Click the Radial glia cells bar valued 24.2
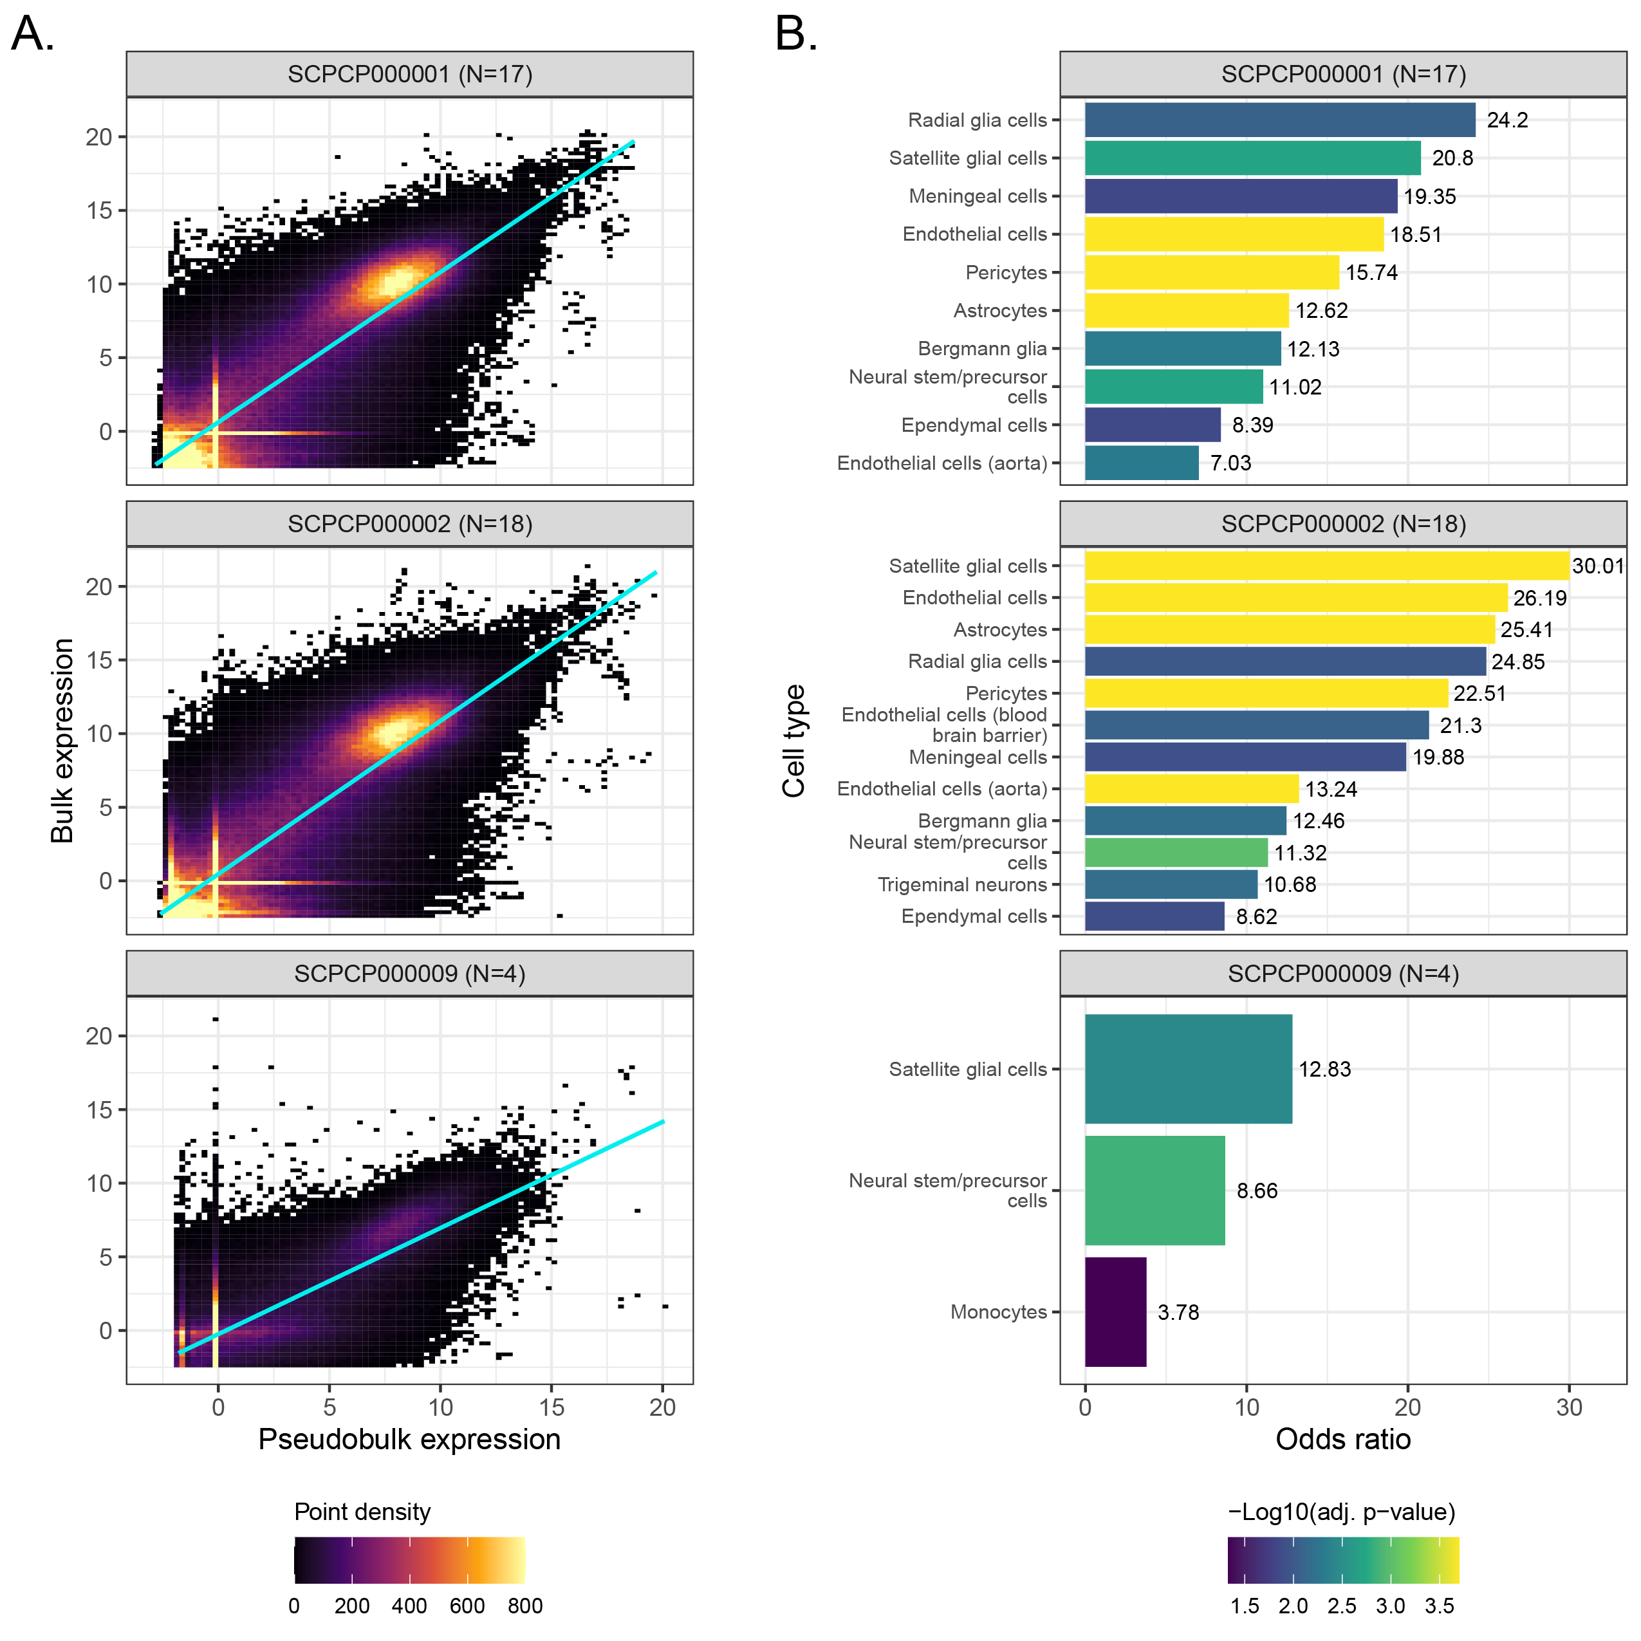pos(1279,120)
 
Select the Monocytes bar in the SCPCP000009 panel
pos(1115,1312)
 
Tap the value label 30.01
pos(1598,566)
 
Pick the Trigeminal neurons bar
pos(1171,884)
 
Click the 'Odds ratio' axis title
pos(1343,1439)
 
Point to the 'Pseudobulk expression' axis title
pos(409,1439)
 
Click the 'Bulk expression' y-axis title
pos(62,741)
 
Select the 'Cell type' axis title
pos(793,741)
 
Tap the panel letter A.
pos(33,35)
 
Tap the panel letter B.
pos(796,35)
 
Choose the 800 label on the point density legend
pos(525,1606)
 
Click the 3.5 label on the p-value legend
pos(1439,1606)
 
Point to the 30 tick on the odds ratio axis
pos(1569,1407)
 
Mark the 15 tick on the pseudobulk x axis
pos(552,1407)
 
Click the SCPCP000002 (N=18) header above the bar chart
pos(1343,523)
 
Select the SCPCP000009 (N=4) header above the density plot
pos(409,974)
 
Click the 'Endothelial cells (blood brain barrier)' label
pos(945,725)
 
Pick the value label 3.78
pos(1178,1312)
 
